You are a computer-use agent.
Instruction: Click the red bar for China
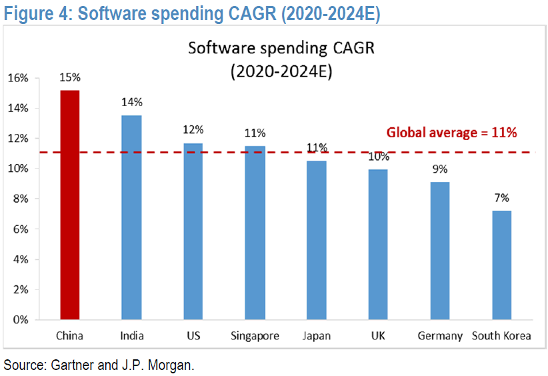(70, 205)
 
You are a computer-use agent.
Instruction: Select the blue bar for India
(131, 217)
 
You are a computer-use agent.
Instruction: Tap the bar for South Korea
(501, 265)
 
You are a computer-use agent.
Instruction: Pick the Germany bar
(439, 251)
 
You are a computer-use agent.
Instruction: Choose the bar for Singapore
(255, 233)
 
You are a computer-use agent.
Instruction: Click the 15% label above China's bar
(70, 77)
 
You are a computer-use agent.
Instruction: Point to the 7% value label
(501, 198)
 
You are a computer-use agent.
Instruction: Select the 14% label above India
(132, 102)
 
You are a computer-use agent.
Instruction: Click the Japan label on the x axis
(316, 336)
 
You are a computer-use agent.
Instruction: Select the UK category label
(378, 336)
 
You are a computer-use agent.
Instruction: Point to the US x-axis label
(193, 336)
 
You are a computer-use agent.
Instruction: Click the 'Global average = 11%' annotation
(451, 133)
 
